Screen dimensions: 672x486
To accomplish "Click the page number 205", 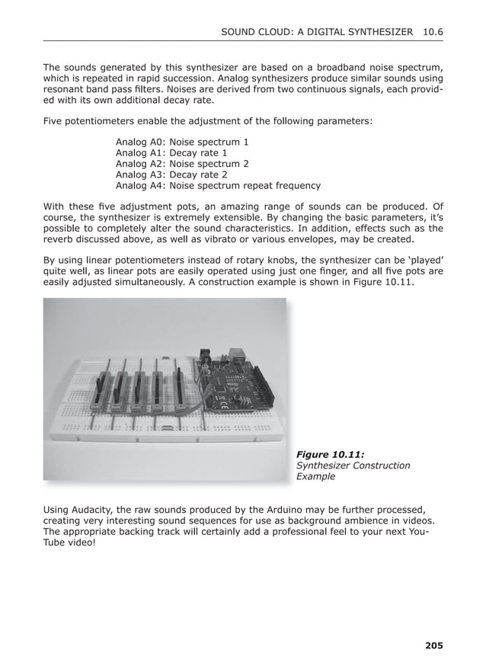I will click(433, 646).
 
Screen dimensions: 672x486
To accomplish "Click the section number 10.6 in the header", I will click(432, 32).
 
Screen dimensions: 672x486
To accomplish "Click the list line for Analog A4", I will click(218, 185).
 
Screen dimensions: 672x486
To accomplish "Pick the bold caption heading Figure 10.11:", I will click(330, 455).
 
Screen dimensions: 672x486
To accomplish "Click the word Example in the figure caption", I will click(315, 476).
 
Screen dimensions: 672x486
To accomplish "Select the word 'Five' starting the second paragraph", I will click(54, 121).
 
